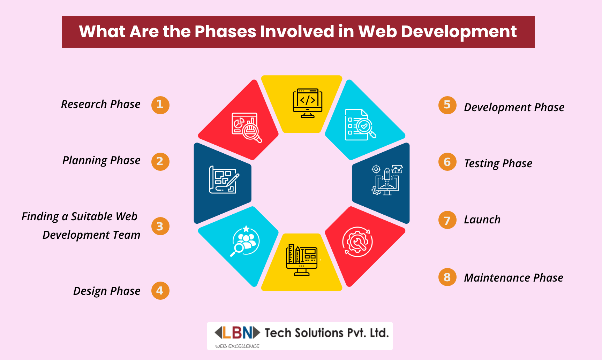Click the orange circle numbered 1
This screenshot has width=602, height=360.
(x=160, y=105)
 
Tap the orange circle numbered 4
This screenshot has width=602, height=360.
(x=160, y=291)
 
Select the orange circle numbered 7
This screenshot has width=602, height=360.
(x=447, y=220)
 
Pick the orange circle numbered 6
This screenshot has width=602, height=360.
(x=447, y=162)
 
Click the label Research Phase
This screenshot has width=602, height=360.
(x=101, y=104)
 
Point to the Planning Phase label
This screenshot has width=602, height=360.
(x=101, y=161)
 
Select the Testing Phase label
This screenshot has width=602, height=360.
(x=498, y=164)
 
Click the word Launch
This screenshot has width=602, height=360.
(x=482, y=220)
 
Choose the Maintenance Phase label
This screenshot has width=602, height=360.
(x=513, y=278)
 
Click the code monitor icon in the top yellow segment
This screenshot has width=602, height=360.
(x=307, y=103)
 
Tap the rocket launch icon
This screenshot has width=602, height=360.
(x=387, y=180)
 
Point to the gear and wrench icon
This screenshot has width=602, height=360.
(x=358, y=242)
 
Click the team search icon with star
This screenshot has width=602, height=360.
(x=245, y=241)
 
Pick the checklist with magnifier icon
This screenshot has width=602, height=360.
(x=360, y=125)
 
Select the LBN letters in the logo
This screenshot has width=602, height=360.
(x=237, y=333)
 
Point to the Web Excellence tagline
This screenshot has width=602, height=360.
(x=237, y=346)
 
